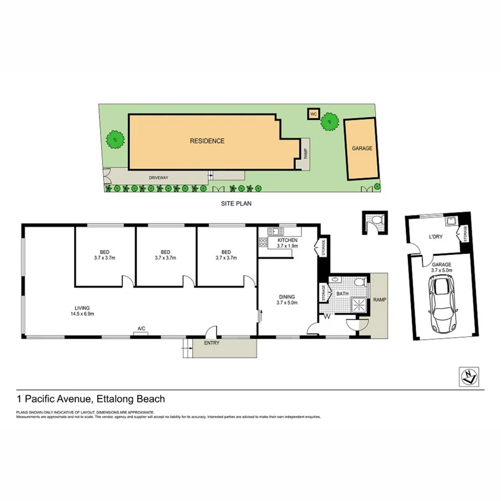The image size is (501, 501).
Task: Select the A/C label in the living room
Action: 141,328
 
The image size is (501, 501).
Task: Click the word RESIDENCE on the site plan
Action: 207,141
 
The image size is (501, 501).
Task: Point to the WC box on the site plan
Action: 313,114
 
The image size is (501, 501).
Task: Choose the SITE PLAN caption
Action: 237,204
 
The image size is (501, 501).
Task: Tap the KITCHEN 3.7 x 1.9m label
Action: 287,242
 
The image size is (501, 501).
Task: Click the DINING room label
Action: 287,299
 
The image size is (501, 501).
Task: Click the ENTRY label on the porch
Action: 211,342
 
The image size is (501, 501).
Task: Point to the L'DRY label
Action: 435,236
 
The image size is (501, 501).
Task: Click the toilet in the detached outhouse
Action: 376,221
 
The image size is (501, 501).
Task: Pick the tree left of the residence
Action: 114,140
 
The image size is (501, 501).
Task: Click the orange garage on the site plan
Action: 362,149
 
